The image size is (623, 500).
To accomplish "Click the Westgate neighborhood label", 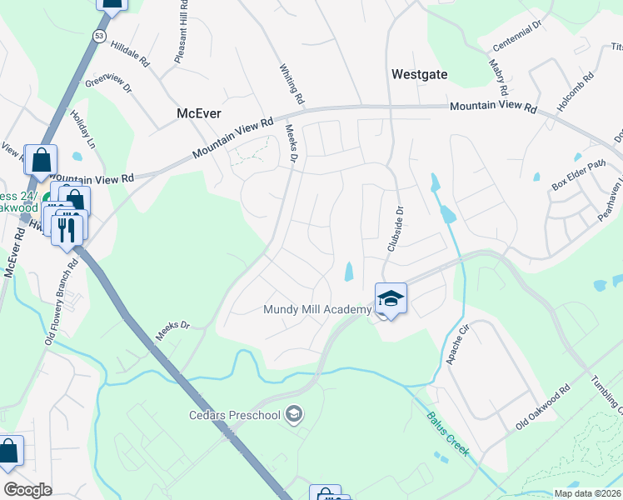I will click(x=420, y=74).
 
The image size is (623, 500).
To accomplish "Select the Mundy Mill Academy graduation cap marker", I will click(x=390, y=298).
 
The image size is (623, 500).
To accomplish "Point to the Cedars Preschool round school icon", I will click(x=293, y=413).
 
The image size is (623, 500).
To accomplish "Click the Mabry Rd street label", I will click(x=501, y=76).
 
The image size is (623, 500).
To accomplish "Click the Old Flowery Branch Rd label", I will click(x=61, y=300).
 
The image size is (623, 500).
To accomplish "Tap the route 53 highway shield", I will click(x=99, y=37).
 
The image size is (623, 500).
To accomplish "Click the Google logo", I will click(x=28, y=490).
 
